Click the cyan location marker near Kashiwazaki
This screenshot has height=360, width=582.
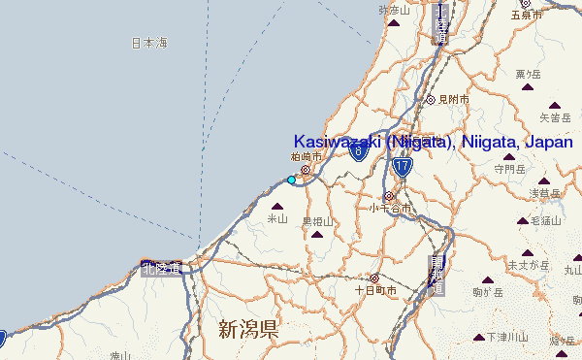[291, 180]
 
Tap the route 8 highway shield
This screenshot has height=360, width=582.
[359, 151]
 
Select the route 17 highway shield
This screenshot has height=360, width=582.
[403, 167]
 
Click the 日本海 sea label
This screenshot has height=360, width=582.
[149, 43]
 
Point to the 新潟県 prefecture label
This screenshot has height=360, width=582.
[248, 329]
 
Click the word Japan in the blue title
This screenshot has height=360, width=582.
[548, 142]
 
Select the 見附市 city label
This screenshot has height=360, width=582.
[453, 99]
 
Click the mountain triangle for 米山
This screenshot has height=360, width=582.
[279, 206]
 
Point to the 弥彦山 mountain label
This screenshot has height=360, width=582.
[395, 10]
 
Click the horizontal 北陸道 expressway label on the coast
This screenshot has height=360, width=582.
[160, 268]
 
